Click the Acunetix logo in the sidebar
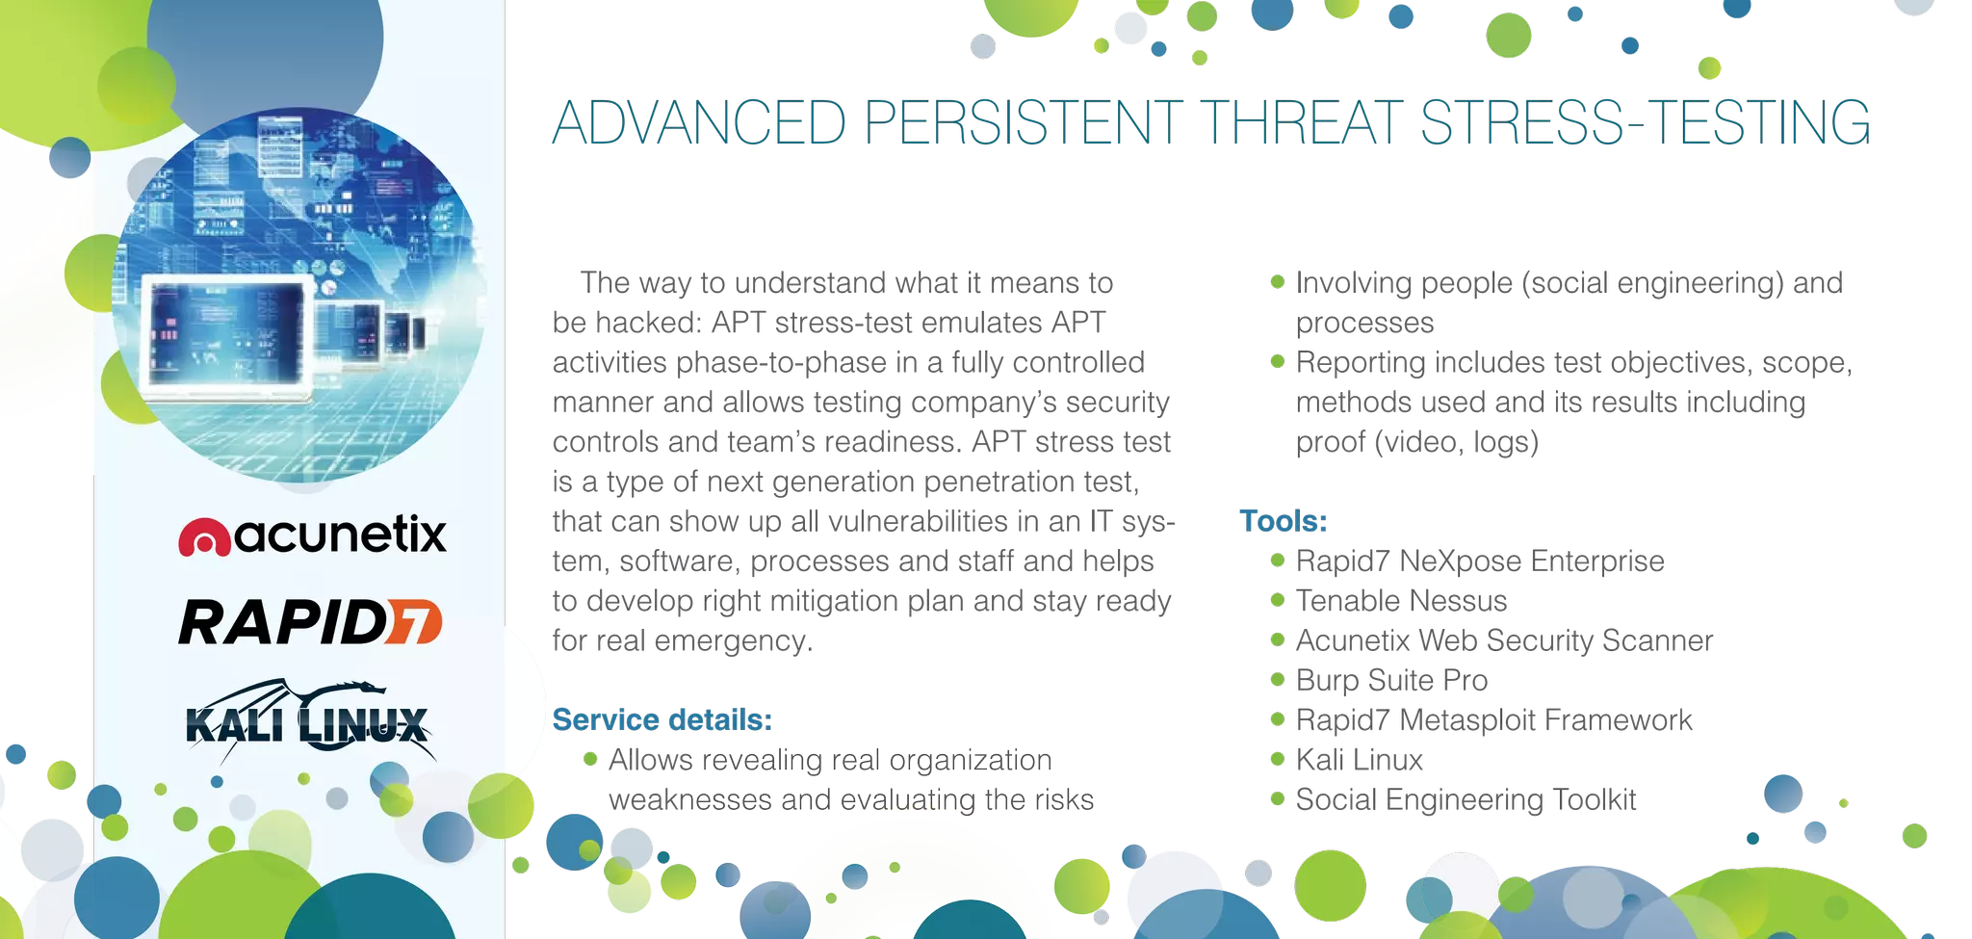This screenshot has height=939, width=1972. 312,535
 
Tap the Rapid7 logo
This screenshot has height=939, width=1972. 310,622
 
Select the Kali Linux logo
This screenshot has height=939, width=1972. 306,721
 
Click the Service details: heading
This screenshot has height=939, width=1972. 662,719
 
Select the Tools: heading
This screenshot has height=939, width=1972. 1284,521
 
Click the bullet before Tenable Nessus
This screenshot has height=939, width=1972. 1278,600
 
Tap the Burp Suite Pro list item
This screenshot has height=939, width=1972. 1390,680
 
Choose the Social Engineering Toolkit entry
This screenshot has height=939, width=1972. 1465,799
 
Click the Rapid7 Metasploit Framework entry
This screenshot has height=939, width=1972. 1492,719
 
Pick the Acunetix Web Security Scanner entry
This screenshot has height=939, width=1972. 1503,640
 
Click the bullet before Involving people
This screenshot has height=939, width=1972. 1278,282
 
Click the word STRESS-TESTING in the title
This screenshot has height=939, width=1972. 1646,123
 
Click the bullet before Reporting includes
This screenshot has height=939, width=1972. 1278,362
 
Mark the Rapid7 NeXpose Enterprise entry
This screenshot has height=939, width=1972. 1478,561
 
